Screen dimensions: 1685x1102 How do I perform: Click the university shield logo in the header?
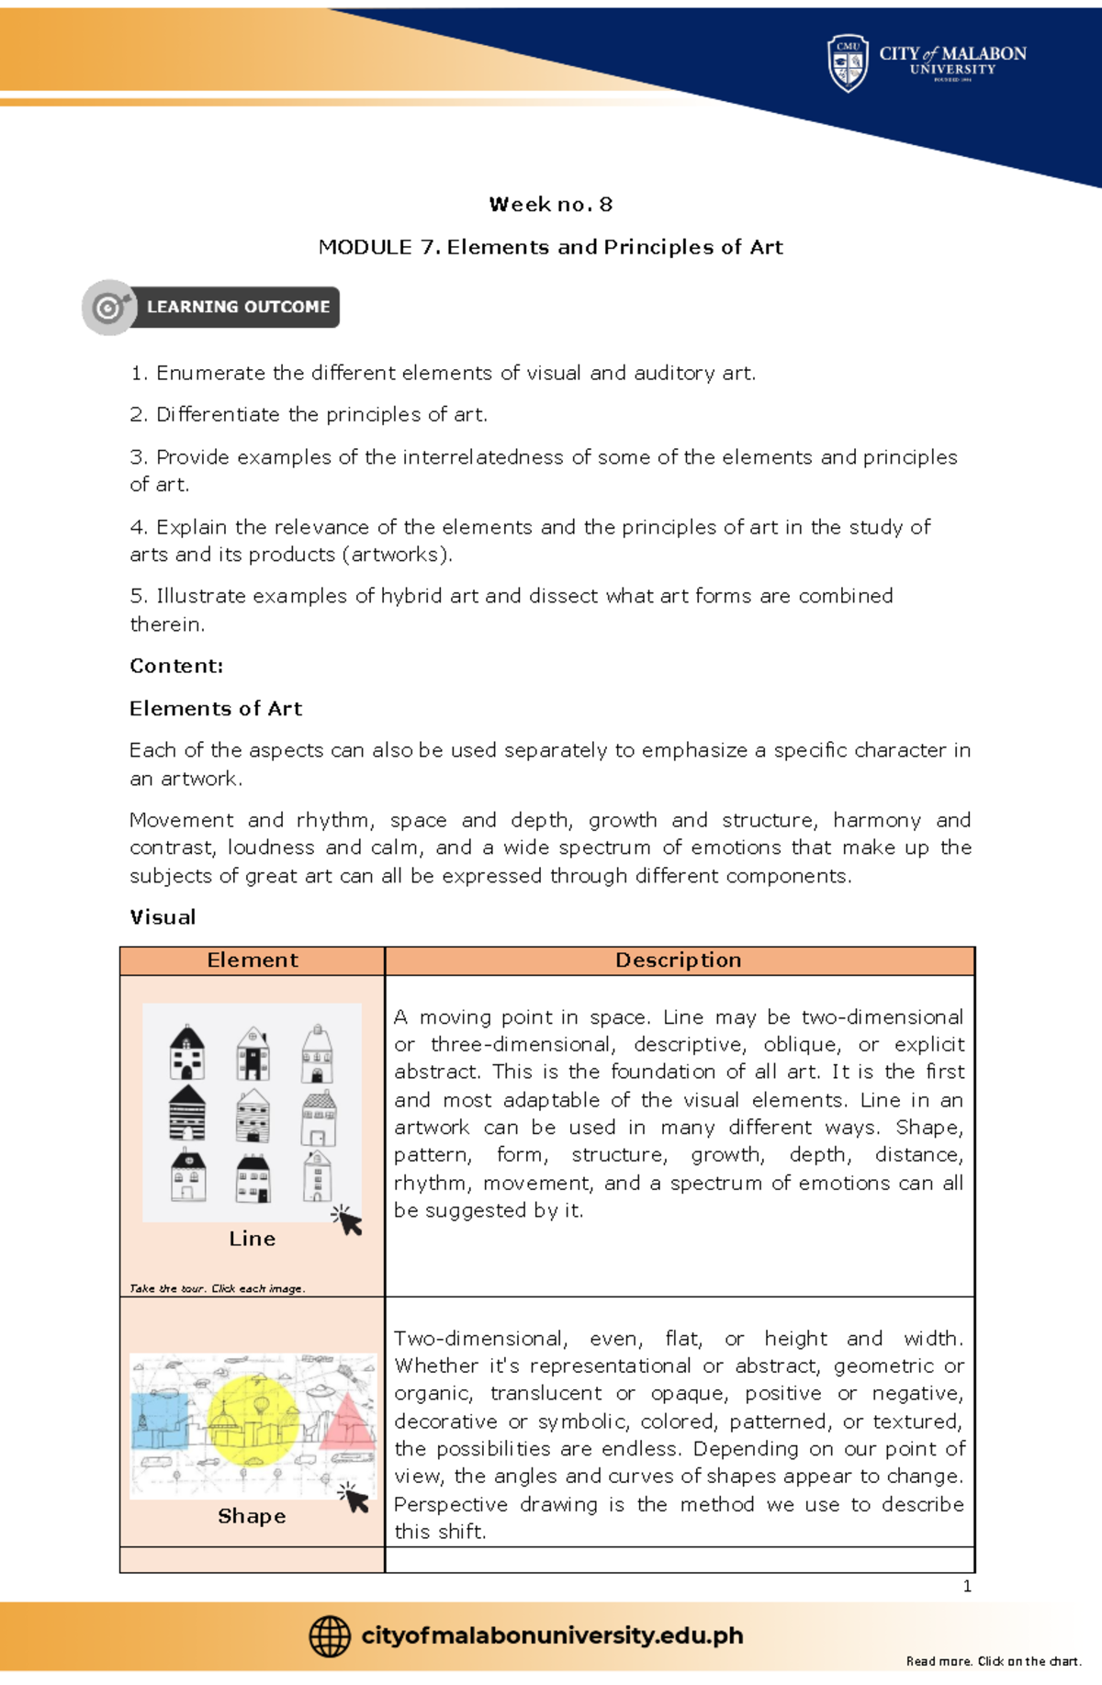(847, 62)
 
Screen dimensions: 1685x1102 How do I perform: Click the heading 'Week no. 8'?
(550, 204)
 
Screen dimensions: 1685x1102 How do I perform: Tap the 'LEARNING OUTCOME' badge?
(237, 307)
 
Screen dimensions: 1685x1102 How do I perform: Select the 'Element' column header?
(253, 960)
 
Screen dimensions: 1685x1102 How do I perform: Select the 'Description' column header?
(679, 960)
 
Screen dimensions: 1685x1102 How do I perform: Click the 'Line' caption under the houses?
(253, 1239)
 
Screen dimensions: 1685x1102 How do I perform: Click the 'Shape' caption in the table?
(252, 1516)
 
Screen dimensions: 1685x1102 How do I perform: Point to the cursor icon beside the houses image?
(348, 1220)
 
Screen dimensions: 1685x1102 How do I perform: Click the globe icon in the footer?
(330, 1636)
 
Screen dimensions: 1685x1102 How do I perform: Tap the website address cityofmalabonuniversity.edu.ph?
(552, 1635)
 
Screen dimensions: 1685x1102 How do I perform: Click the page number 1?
(967, 1586)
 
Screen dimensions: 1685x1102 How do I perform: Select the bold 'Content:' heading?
(176, 666)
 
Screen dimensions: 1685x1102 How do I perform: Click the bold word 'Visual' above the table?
(163, 917)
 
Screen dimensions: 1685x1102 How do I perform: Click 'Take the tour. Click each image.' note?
(217, 1288)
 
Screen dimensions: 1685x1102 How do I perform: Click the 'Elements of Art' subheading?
(216, 708)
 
